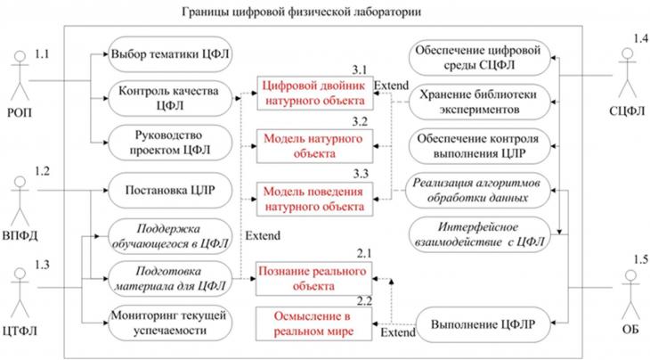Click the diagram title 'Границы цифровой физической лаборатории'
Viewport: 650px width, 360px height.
301,12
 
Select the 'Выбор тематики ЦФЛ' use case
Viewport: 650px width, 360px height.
170,54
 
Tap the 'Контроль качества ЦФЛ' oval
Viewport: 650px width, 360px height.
170,98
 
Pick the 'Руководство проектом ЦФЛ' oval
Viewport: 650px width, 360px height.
170,143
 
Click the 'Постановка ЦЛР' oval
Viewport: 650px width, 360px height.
170,191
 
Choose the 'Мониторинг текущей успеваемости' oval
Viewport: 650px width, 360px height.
170,323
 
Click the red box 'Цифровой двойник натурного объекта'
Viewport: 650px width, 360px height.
314,94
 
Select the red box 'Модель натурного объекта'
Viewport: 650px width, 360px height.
314,146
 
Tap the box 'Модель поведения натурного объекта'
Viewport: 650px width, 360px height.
314,199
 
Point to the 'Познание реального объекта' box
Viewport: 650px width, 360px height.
313,279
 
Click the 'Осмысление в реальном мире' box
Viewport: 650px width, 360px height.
313,323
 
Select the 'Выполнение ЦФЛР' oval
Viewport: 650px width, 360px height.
483,324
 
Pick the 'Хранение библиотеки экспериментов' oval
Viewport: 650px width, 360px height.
480,102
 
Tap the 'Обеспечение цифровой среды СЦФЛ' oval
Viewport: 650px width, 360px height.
480,58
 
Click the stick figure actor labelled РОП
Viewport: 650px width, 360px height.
20,76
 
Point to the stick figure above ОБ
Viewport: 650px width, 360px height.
630,295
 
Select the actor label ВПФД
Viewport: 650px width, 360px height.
20,235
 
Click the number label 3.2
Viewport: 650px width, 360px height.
360,121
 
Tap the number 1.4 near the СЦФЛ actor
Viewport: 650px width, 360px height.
640,38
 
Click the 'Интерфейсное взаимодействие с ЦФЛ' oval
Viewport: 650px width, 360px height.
480,234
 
